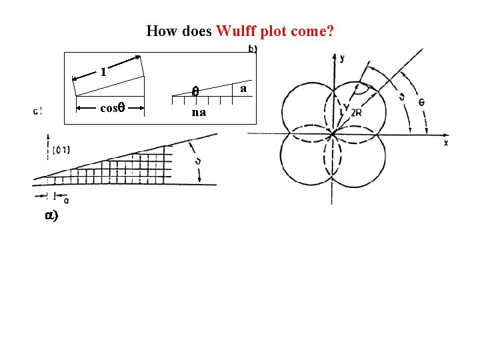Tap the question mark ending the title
click(331, 31)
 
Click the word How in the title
click(159, 31)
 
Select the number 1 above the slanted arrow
click(103, 71)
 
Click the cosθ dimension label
click(111, 107)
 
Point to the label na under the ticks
click(199, 113)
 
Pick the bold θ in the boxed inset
click(195, 93)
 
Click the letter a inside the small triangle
click(244, 88)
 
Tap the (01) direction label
click(61, 150)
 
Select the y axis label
click(342, 59)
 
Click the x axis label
click(445, 143)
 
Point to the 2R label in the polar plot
click(357, 112)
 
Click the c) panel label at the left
click(37, 111)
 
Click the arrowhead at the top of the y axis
click(333, 57)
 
